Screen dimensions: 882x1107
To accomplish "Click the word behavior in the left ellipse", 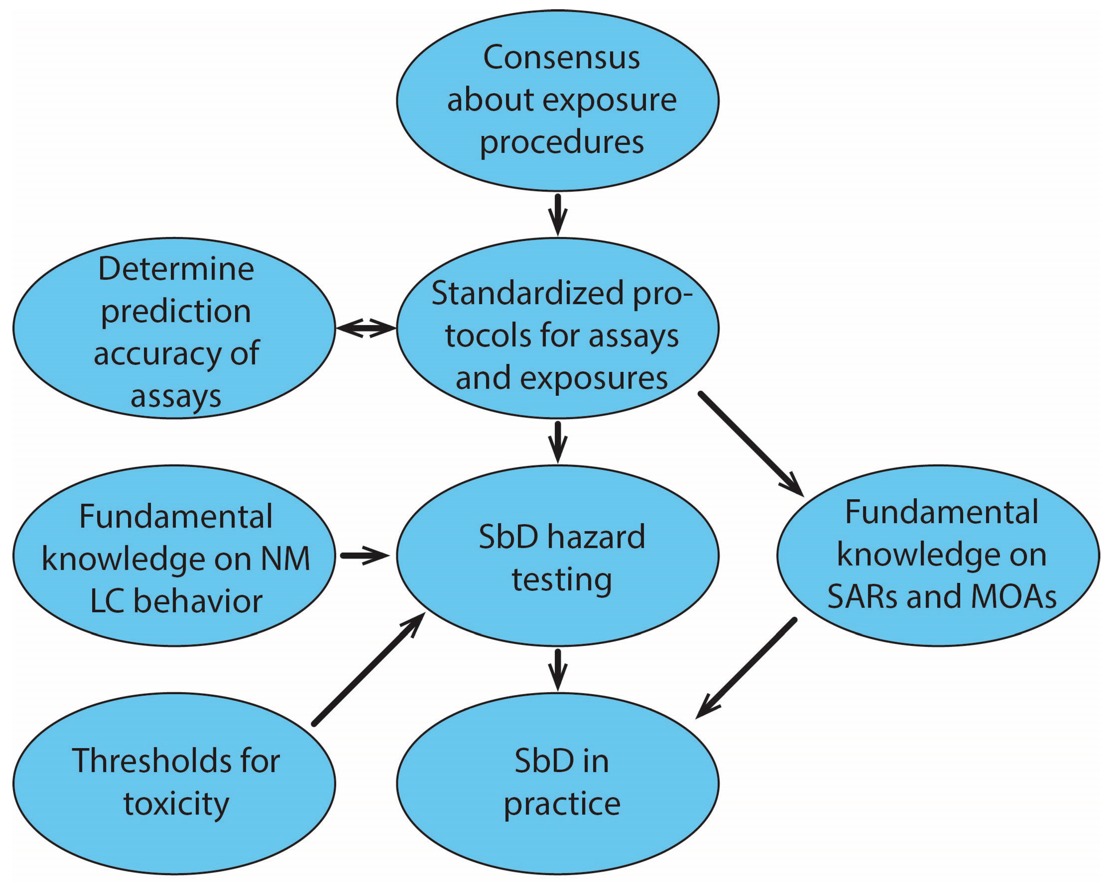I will tap(198, 601).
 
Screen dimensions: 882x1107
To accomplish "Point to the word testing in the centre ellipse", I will tap(561, 579).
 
